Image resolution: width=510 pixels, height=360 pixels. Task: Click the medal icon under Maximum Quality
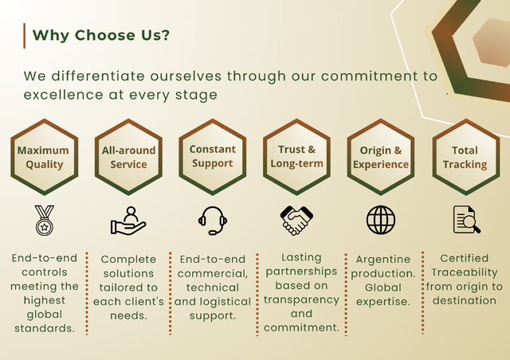point(45,220)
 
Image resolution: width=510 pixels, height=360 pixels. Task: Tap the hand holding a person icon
point(128,221)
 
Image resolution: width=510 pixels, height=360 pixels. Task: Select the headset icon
point(213,221)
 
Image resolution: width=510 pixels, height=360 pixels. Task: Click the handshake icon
point(296,220)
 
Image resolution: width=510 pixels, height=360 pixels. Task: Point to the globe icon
point(381,220)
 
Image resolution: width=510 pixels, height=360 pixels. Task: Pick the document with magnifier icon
point(467,219)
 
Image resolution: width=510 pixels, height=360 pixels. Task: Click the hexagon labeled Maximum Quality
point(45,157)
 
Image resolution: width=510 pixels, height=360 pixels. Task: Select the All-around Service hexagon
point(128,157)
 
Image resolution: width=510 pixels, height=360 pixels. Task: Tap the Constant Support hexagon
point(213,157)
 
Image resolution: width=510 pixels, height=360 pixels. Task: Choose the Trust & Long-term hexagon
point(296,157)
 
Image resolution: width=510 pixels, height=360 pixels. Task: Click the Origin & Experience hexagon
point(381,157)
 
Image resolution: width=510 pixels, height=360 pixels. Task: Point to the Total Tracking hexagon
point(465,157)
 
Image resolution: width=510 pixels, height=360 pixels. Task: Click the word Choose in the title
point(105,35)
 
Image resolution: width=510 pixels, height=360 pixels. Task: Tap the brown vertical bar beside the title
point(25,36)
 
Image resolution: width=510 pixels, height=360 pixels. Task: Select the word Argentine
point(383,260)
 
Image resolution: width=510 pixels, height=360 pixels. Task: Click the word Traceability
point(465,272)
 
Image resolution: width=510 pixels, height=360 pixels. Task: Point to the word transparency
point(301,299)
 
